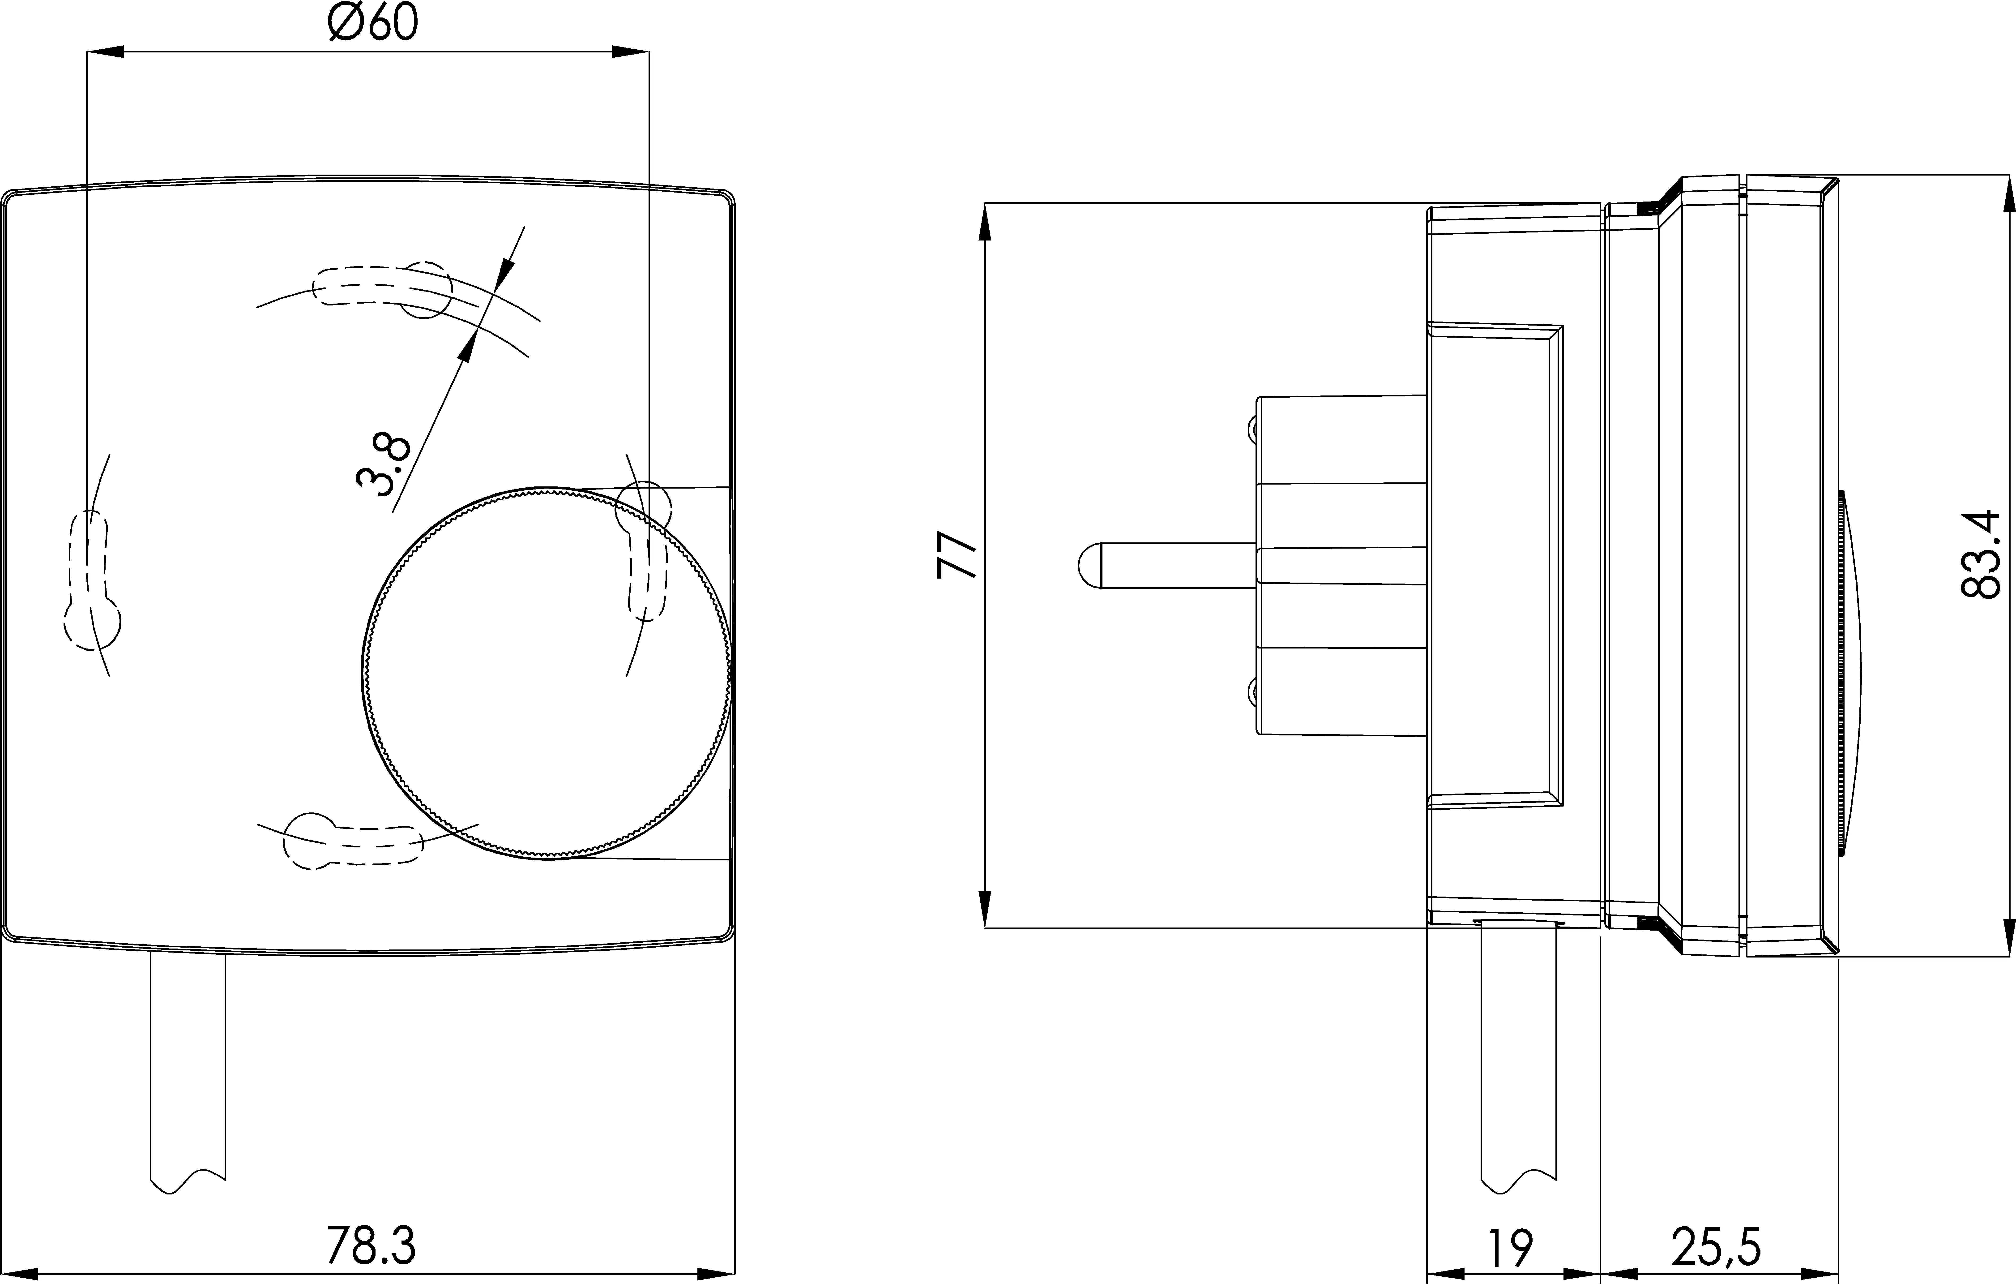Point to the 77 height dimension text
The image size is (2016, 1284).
coord(957,554)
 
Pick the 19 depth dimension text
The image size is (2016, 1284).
coord(1511,1248)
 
